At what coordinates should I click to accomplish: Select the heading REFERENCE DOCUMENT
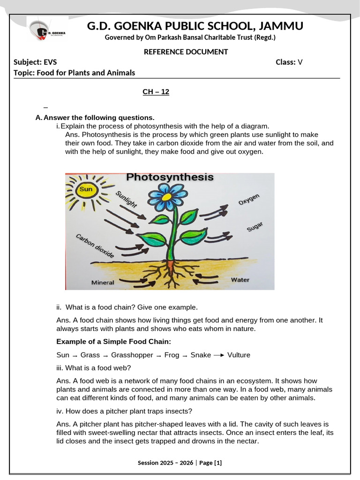click(186, 52)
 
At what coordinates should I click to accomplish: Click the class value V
click(300, 62)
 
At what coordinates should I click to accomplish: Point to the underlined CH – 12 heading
click(156, 92)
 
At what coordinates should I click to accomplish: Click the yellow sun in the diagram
click(87, 190)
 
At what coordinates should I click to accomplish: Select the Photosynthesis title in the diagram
click(170, 178)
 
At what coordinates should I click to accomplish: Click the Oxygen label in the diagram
click(248, 199)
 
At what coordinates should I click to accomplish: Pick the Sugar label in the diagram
click(255, 227)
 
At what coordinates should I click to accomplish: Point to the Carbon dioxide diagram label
click(95, 246)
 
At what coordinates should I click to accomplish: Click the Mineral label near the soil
click(103, 283)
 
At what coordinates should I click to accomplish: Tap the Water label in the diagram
click(240, 279)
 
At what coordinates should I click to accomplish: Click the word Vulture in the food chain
click(239, 355)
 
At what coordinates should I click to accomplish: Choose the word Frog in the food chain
click(172, 355)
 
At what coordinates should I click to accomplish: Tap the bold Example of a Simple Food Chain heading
click(114, 341)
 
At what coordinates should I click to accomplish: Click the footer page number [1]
click(217, 463)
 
